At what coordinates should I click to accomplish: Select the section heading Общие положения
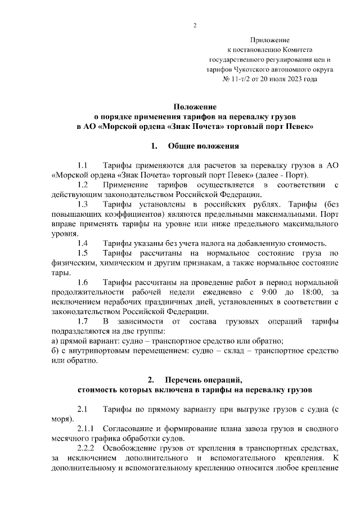[x=204, y=146]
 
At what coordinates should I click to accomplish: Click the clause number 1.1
[x=83, y=165]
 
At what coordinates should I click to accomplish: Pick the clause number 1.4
[x=83, y=243]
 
